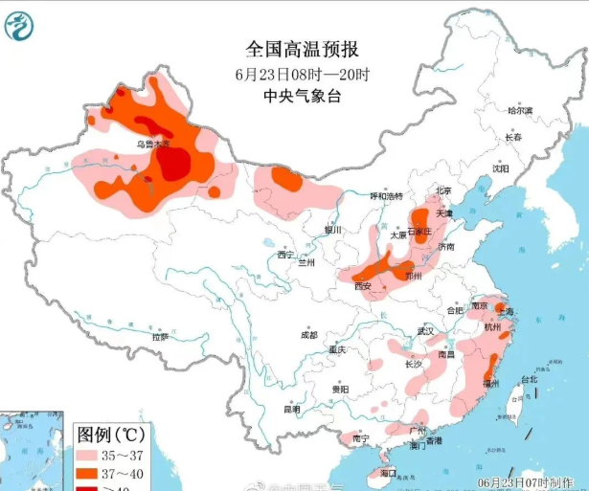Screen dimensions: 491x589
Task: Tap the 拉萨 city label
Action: click(160, 336)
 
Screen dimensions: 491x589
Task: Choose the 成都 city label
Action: click(308, 335)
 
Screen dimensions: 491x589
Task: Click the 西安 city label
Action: click(363, 285)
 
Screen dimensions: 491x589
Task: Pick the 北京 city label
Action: click(442, 190)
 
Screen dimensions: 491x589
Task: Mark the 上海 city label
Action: click(507, 312)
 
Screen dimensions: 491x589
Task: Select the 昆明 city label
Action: click(291, 410)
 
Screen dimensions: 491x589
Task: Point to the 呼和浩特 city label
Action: click(386, 195)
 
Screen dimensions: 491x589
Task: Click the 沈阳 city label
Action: click(501, 168)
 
